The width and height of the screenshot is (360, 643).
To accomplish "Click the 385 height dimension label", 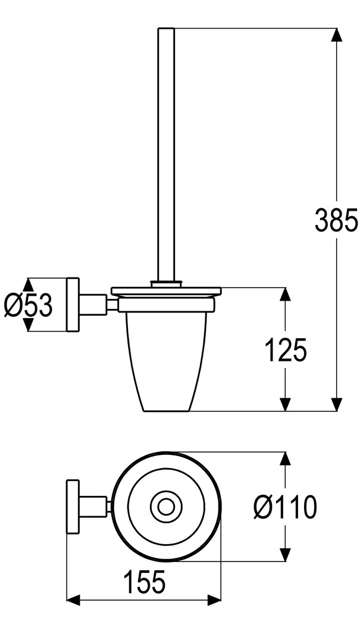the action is pos(336,220).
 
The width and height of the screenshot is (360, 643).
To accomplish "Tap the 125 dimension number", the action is pos(286,350).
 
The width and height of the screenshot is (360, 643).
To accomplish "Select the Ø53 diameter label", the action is pos(29,305).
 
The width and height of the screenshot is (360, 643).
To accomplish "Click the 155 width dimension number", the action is pos(145,582).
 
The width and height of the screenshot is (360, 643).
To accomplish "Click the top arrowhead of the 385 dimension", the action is pos(336,35).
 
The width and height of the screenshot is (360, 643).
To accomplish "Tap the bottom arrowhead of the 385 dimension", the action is pos(336,404).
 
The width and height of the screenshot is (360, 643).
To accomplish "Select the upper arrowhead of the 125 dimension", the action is pos(286,295).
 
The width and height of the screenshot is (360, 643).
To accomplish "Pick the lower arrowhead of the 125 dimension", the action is pos(286,404).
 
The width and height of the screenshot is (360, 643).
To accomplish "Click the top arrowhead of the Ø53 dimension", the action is pos(27,285).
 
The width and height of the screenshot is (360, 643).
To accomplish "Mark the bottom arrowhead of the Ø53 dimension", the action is pos(27,325).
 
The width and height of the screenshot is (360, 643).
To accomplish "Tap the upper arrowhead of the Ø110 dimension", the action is pos(286,459).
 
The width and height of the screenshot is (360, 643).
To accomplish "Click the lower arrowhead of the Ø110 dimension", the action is pos(286,555).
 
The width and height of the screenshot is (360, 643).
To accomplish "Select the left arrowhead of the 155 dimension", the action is pos(73,600).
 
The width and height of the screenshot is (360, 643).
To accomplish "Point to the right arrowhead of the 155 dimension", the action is pos(214,600).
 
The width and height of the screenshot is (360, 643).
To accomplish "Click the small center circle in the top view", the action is pos(165,507).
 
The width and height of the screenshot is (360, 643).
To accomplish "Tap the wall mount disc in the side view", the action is pos(73,305).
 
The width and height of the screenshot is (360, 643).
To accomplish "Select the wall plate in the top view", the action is pos(73,507).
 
